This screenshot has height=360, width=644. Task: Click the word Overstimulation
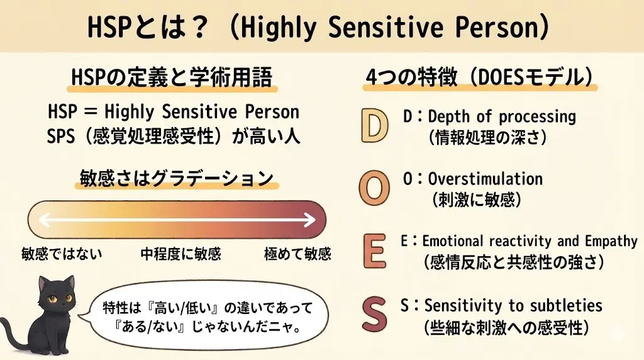point(485,179)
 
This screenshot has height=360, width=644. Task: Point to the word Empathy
point(602,241)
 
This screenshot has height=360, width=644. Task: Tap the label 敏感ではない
point(62,254)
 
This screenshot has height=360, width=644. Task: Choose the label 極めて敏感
point(297,254)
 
